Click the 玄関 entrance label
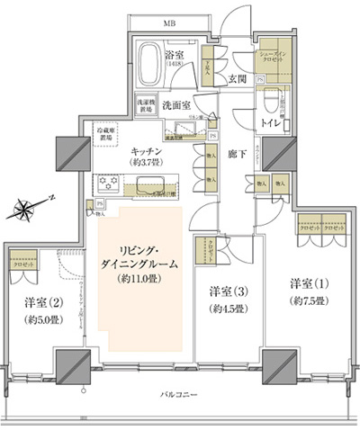[x=238, y=79]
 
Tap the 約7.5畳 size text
[x=308, y=302]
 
